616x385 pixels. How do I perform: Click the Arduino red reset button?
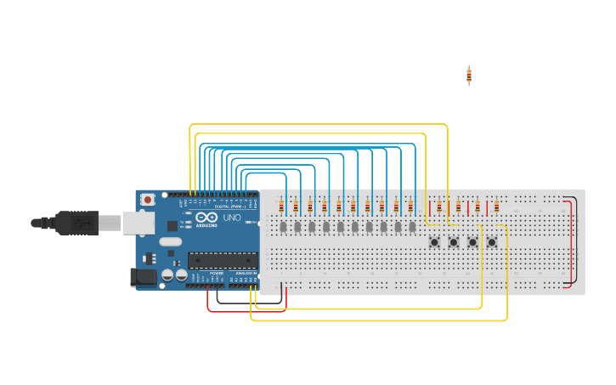[148, 200]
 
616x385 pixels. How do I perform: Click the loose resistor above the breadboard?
[468, 76]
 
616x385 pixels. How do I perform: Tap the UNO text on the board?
[232, 218]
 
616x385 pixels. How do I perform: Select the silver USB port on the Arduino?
[138, 223]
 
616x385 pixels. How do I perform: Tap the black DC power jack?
[141, 276]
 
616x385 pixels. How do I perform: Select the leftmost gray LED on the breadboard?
[283, 227]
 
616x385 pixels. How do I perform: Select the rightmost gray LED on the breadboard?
[413, 227]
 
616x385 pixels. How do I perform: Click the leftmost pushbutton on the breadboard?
[434, 242]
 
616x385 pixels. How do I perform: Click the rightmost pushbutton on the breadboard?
[491, 242]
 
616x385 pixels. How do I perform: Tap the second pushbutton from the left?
[453, 242]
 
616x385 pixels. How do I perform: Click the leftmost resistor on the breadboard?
[281, 207]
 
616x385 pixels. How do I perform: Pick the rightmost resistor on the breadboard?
[496, 207]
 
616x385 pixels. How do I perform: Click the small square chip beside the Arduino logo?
[173, 226]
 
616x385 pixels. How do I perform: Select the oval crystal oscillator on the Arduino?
[170, 242]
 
